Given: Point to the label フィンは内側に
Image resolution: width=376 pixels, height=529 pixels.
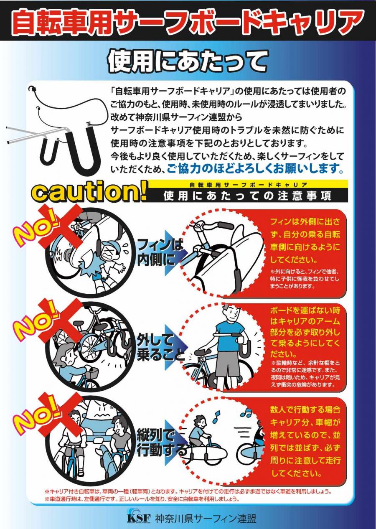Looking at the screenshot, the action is (x=160, y=252).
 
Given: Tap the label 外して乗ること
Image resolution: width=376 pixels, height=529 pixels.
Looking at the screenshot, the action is (x=160, y=348).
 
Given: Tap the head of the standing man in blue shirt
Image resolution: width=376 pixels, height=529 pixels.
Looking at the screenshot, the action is (x=230, y=312).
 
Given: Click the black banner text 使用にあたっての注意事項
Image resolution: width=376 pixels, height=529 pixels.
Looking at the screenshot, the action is (x=247, y=196).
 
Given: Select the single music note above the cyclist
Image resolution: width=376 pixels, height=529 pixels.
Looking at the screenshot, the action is (x=216, y=417).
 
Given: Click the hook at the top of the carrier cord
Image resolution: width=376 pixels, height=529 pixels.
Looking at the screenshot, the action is (x=31, y=89).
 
